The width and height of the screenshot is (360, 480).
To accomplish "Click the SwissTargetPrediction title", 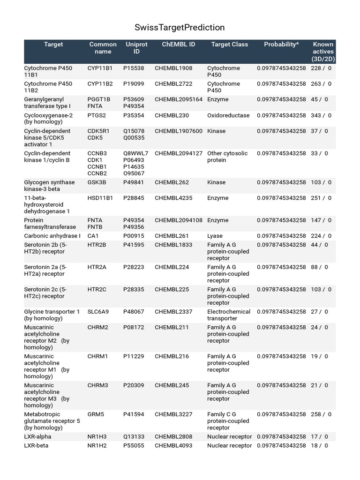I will coord(180,28).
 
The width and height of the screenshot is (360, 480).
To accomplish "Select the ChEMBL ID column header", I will coord(179,45).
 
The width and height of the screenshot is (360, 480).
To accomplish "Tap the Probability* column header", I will coord(281,45).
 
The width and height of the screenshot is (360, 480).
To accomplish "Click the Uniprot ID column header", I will coord(136,48).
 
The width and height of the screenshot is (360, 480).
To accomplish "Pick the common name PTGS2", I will coord(97,115).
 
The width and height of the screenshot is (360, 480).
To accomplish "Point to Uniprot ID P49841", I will coord(134,182).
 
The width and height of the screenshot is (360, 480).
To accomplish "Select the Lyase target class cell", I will coord(215,236).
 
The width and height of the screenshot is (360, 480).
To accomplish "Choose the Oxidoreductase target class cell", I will coord(228,115).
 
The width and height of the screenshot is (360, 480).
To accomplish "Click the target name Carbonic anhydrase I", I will coord(52,236).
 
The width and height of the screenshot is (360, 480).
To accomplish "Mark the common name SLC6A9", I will coord(98,312).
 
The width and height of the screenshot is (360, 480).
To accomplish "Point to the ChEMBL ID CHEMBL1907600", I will coord(179,131).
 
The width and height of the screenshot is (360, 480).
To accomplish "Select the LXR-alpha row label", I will coord(38,437).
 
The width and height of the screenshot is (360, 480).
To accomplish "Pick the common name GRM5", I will coord(96,414).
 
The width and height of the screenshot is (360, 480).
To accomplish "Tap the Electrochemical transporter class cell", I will coord(229,315).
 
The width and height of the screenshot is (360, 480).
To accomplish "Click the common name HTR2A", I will coord(97,267).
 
